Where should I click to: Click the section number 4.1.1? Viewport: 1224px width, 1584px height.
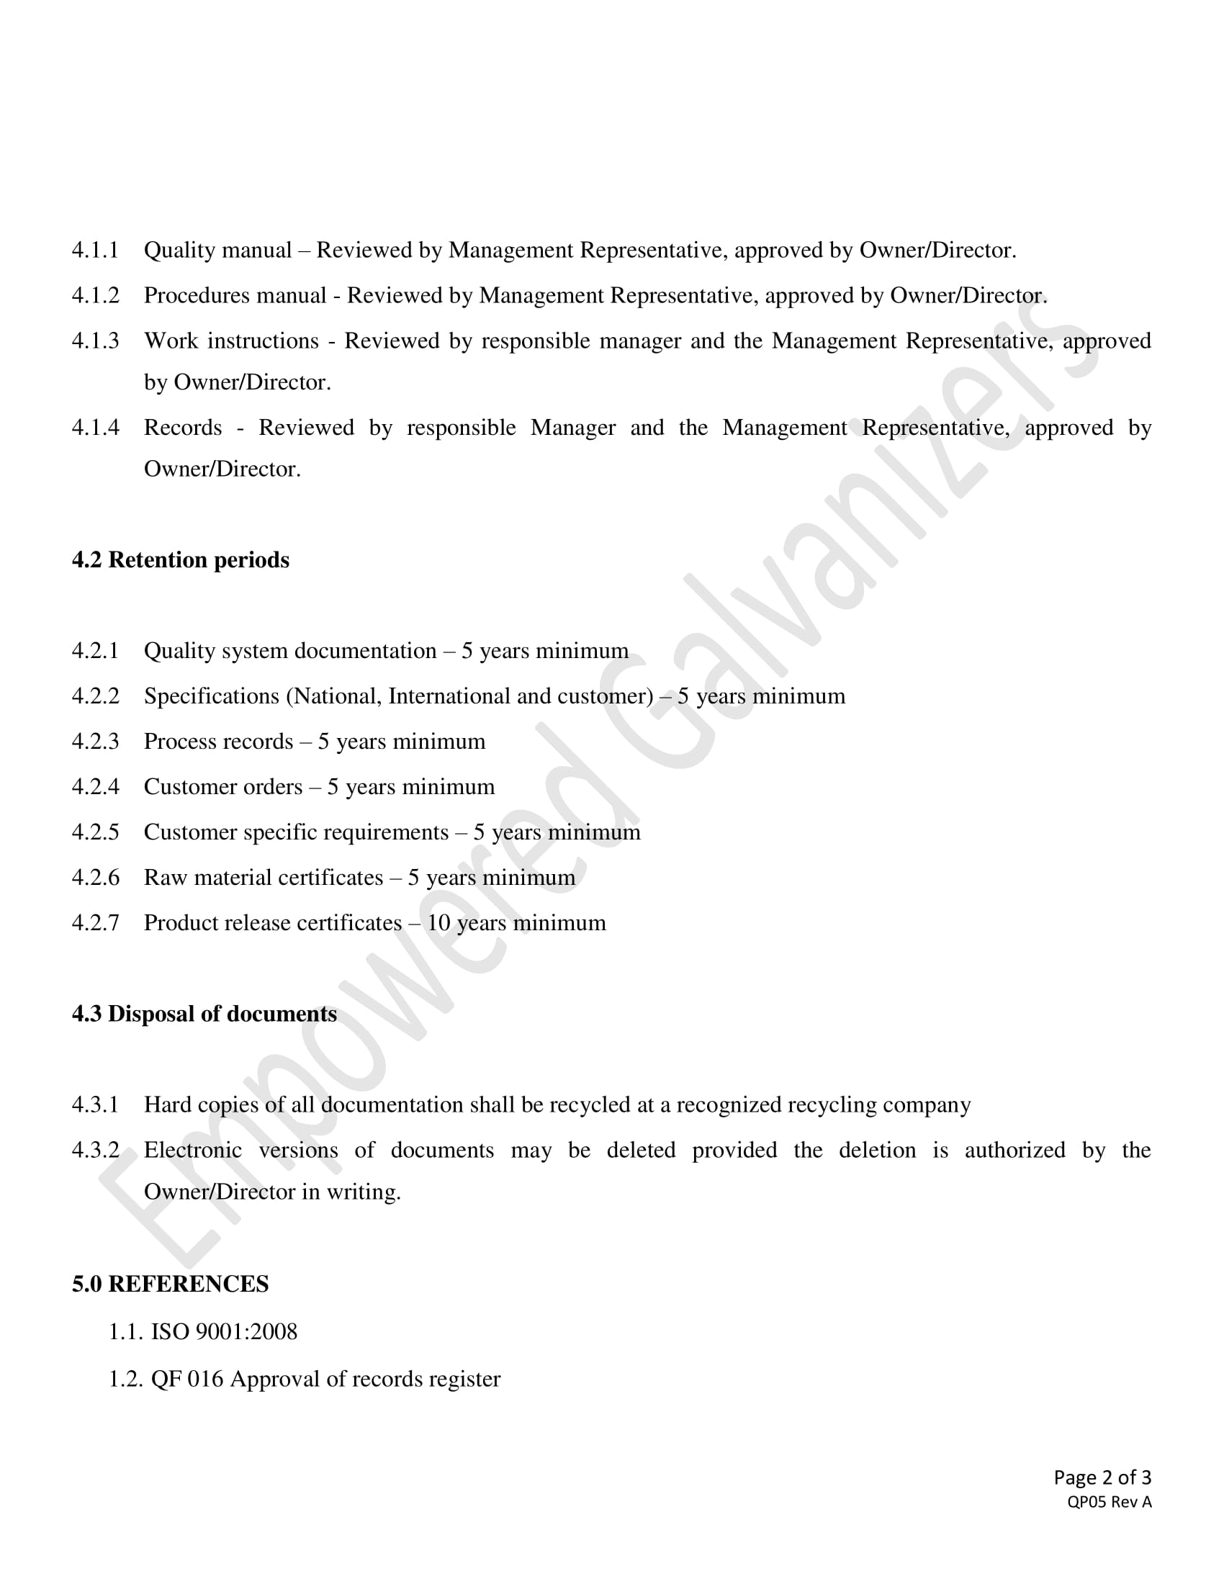point(95,251)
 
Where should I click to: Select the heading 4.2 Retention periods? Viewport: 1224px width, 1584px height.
point(181,560)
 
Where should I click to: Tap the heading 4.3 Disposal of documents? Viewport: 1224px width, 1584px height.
point(204,1014)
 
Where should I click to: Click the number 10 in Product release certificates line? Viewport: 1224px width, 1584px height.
point(438,923)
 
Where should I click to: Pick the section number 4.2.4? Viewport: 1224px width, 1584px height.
point(95,787)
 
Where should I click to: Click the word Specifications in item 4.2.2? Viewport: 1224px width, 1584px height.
point(212,696)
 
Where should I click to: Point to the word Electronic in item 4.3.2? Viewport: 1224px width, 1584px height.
point(193,1151)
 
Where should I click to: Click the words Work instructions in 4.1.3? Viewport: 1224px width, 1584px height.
point(231,341)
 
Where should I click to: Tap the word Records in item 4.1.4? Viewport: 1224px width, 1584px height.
point(183,428)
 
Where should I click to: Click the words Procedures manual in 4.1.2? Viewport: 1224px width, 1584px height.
point(235,296)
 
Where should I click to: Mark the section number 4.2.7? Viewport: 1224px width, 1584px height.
point(95,923)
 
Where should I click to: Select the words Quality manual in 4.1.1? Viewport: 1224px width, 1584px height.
point(217,251)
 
